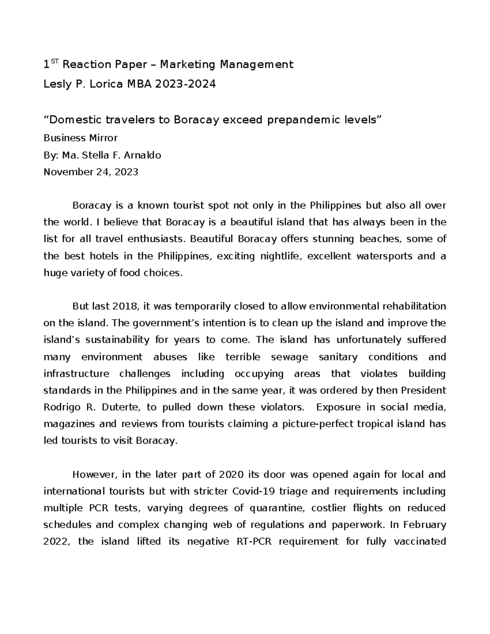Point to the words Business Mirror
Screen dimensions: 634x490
pos(80,138)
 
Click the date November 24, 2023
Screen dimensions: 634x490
pos(91,172)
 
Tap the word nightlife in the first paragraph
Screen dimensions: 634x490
pos(281,256)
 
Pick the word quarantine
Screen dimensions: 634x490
pos(275,508)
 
